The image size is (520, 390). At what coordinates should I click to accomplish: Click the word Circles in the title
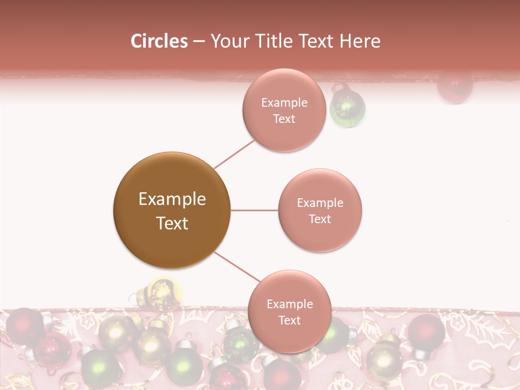pos(159,41)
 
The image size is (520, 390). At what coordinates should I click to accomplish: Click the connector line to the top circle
pos(234,153)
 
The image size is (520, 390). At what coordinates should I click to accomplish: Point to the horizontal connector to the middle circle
pos(254,210)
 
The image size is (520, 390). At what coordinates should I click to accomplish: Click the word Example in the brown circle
pos(172,199)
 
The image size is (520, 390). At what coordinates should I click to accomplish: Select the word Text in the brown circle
pos(172,223)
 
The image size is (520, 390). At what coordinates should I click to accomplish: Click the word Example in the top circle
pos(284,102)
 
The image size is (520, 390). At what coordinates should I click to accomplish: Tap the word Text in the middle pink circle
pos(320,219)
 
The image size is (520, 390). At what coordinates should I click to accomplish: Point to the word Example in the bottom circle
pos(289,304)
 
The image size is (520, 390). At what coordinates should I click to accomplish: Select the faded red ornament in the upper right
pos(454,87)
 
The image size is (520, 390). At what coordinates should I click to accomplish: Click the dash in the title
pos(198,42)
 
